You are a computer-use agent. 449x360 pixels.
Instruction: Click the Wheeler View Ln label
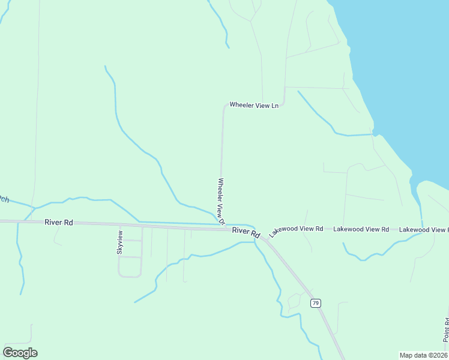pyautogui.click(x=254, y=106)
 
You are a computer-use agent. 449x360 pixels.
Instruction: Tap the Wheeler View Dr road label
pyautogui.click(x=221, y=201)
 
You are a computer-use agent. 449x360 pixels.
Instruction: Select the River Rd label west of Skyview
pyautogui.click(x=59, y=223)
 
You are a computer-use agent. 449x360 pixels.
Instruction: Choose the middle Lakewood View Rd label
pyautogui.click(x=361, y=229)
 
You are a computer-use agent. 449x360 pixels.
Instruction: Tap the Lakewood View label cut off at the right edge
pyautogui.click(x=423, y=229)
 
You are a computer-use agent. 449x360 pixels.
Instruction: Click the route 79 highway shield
pyautogui.click(x=316, y=303)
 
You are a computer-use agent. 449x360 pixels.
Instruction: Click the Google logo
pyautogui.click(x=20, y=353)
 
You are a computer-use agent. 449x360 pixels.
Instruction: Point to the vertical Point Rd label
pyautogui.click(x=446, y=330)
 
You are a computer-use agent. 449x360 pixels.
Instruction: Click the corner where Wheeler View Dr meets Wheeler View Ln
pyautogui.click(x=225, y=106)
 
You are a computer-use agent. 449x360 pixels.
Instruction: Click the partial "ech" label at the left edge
pyautogui.click(x=4, y=199)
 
